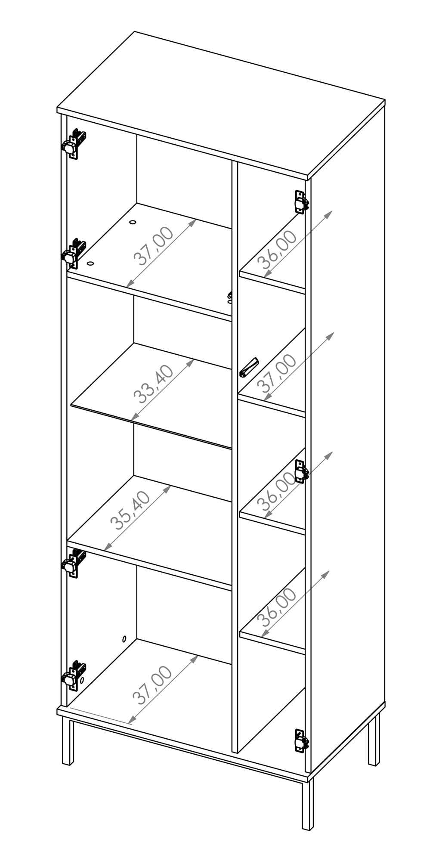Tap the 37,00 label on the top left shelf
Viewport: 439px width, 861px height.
(x=154, y=245)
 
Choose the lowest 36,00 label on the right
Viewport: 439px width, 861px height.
(x=277, y=607)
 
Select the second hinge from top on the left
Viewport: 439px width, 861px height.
(x=74, y=254)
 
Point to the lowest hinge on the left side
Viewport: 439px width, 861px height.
(x=74, y=675)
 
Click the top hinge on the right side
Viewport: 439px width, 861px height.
(x=301, y=202)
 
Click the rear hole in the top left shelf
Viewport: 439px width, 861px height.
(x=132, y=223)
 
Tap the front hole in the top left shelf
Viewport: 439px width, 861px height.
(x=90, y=263)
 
